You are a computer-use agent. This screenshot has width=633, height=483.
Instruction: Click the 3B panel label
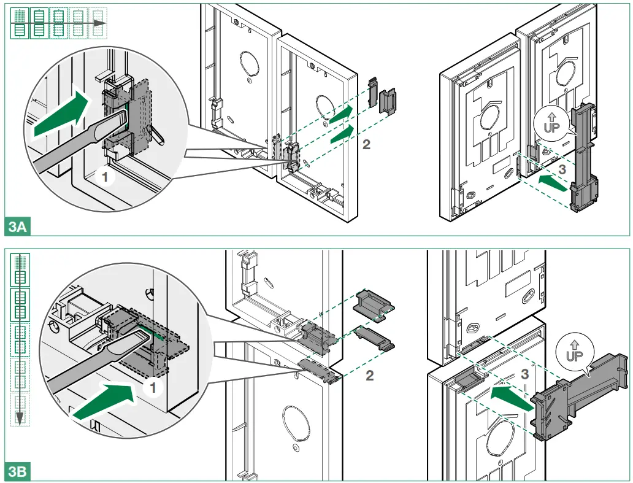[x=18, y=472]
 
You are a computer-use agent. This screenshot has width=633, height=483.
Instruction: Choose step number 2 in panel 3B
[x=369, y=376]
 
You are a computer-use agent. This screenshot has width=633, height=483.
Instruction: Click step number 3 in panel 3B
[x=524, y=373]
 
